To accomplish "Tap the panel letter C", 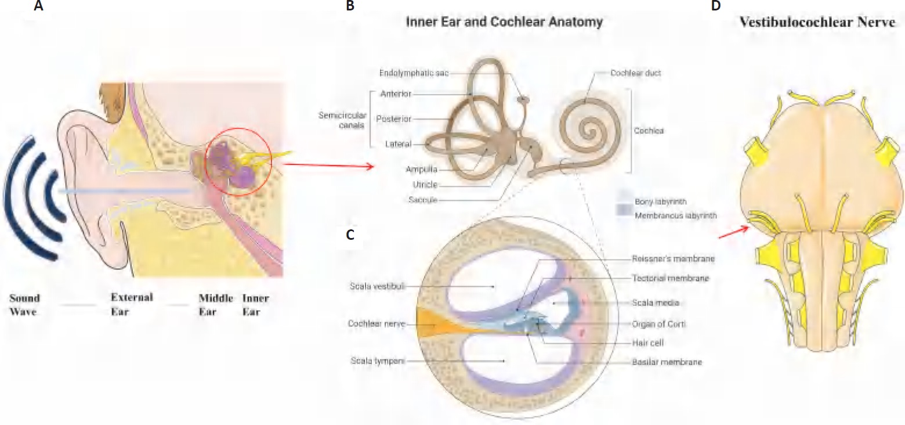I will click(349, 235).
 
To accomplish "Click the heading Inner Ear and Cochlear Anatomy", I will click(504, 23).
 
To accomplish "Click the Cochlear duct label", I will click(636, 74).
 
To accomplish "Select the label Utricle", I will click(426, 185).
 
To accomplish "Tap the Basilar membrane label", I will click(667, 362).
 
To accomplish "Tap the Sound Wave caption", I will click(25, 305).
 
